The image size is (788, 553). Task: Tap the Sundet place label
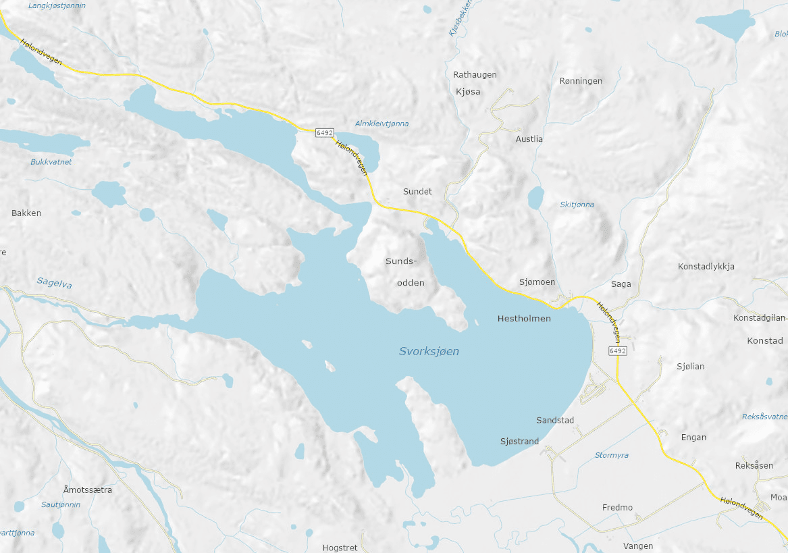417,192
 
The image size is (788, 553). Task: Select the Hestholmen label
524,318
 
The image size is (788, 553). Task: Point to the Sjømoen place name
537,282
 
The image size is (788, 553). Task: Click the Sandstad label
555,421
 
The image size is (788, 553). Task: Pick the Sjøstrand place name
519,442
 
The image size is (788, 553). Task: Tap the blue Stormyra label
612,456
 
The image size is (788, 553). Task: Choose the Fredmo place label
617,508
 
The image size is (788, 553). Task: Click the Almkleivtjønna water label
382,124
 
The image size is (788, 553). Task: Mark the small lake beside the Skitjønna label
535,198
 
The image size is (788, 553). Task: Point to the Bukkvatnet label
51,162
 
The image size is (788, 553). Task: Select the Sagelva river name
54,284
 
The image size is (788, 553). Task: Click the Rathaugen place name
475,75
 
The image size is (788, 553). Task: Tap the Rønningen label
581,81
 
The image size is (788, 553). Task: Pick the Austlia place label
529,139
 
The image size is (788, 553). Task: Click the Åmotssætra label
88,490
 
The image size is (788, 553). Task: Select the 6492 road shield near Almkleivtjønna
324,133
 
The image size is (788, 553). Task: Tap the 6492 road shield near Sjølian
617,351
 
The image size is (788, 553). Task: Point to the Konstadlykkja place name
706,267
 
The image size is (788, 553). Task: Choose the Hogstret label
340,548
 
